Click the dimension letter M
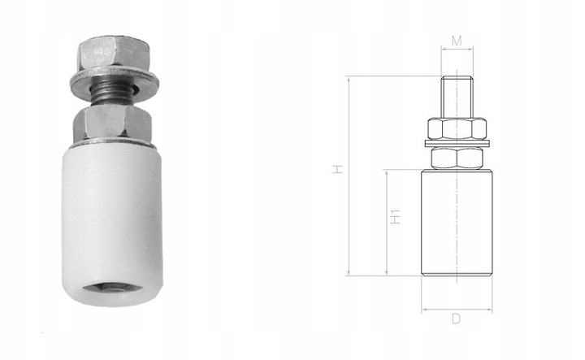[457, 41]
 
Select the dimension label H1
[395, 217]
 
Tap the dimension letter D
[456, 319]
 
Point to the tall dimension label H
[338, 169]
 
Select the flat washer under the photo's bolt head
[115, 82]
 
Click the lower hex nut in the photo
[112, 122]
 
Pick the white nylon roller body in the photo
[111, 223]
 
